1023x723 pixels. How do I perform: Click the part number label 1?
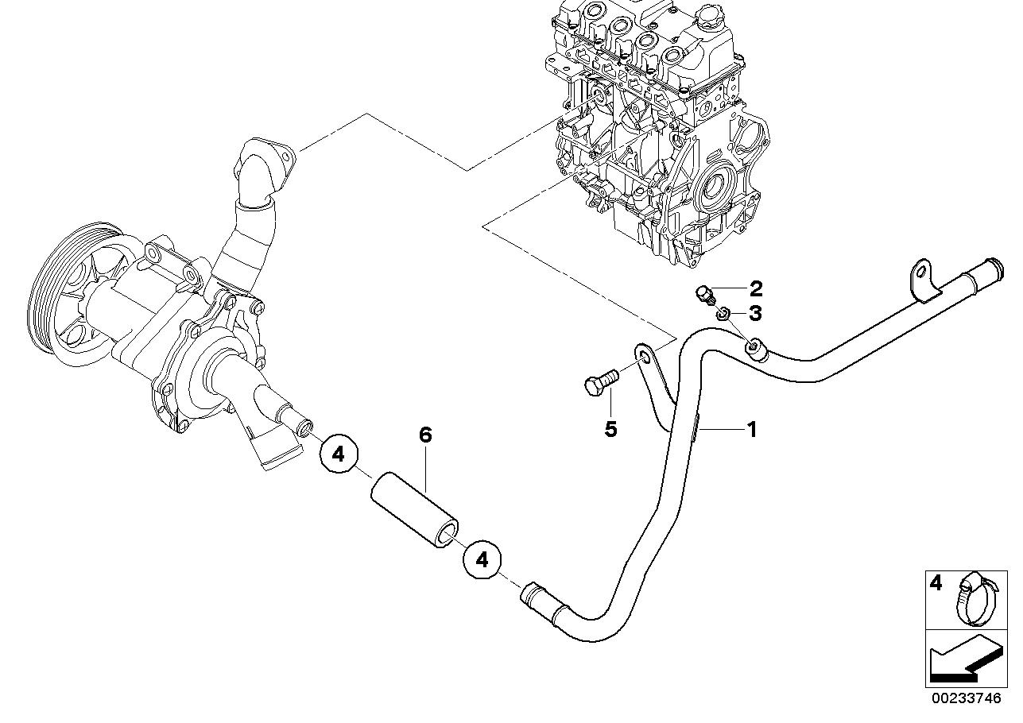tap(750, 430)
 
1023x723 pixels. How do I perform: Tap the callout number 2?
tap(755, 288)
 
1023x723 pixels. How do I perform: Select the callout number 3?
tap(754, 313)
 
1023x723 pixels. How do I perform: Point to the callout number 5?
tap(610, 429)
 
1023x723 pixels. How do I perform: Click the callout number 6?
tap(425, 435)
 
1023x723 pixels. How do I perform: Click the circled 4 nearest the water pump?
tap(339, 454)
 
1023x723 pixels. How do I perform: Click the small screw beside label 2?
tap(705, 295)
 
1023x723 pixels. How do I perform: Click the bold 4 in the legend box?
tap(936, 584)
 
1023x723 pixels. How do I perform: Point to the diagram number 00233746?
tap(967, 699)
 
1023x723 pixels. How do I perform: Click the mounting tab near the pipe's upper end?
tap(921, 281)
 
